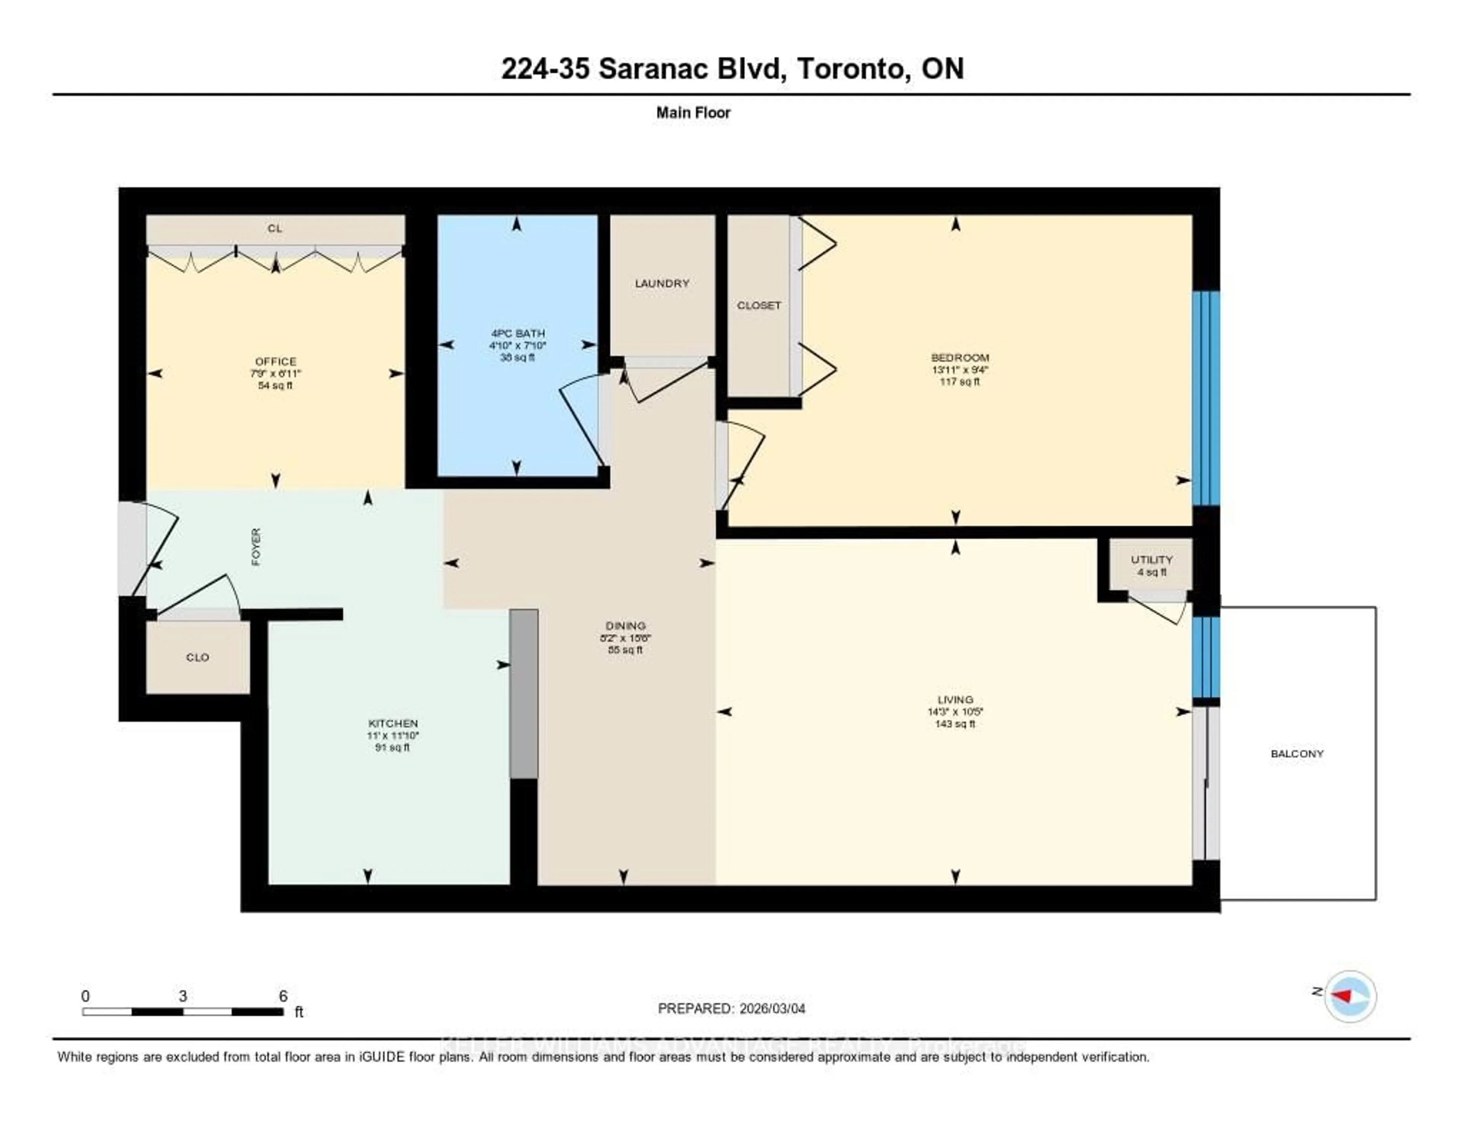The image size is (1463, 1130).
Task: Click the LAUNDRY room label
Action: (x=662, y=283)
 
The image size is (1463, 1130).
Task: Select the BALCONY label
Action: (x=1297, y=754)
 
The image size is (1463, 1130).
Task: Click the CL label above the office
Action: (x=275, y=229)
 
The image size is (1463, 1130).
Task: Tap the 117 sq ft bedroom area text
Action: (x=959, y=382)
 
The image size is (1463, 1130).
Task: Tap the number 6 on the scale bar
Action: (x=283, y=996)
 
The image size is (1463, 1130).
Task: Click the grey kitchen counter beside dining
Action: (x=524, y=693)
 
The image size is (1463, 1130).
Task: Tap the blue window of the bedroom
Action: (x=1206, y=398)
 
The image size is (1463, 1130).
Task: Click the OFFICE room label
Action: (x=275, y=362)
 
